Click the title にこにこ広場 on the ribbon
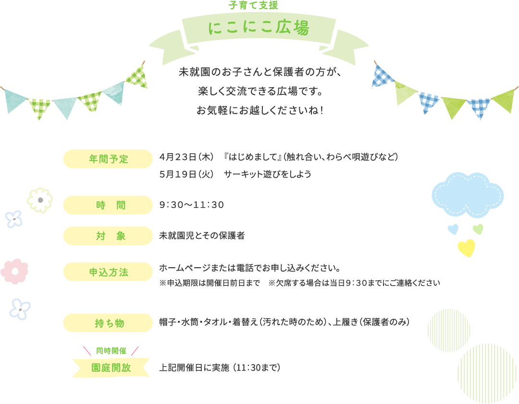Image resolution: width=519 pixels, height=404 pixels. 259,28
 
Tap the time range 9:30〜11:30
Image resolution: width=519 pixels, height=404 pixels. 191,205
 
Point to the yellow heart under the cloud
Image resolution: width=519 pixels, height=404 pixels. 466,248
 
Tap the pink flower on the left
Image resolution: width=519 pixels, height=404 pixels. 14,271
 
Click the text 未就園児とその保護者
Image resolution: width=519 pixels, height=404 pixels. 202,236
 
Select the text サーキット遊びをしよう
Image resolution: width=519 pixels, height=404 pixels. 268,174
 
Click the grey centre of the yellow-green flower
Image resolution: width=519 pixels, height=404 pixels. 40,200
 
